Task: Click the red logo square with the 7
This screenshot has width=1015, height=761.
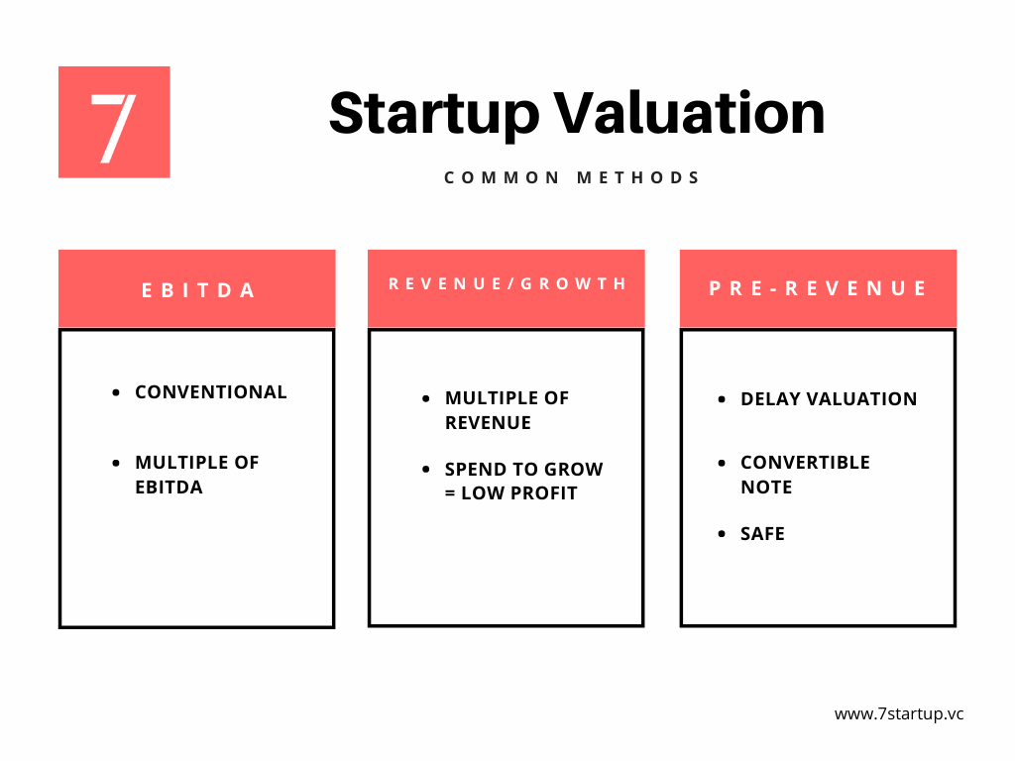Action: click(114, 122)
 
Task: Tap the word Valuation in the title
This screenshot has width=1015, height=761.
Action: click(689, 112)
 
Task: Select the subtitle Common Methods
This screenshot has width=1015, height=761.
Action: click(572, 178)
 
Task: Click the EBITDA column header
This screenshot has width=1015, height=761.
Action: click(197, 289)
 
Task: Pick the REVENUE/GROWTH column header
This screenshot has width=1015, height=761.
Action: click(507, 284)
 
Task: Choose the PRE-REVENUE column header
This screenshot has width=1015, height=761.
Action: click(818, 288)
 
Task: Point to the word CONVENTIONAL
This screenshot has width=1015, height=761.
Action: click(211, 392)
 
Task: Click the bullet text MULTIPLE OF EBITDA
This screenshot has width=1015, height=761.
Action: click(196, 475)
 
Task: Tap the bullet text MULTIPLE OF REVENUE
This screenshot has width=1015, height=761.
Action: click(507, 410)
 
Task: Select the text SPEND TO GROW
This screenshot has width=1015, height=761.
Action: click(523, 470)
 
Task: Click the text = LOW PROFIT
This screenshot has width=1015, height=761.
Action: click(511, 493)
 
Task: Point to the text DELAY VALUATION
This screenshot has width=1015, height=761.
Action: click(829, 399)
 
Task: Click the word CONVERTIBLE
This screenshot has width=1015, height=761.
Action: click(805, 463)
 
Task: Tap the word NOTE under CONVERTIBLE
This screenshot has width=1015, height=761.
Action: click(766, 488)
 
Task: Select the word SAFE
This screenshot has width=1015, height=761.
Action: click(762, 534)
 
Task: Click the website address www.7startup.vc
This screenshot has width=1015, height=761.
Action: click(898, 713)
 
